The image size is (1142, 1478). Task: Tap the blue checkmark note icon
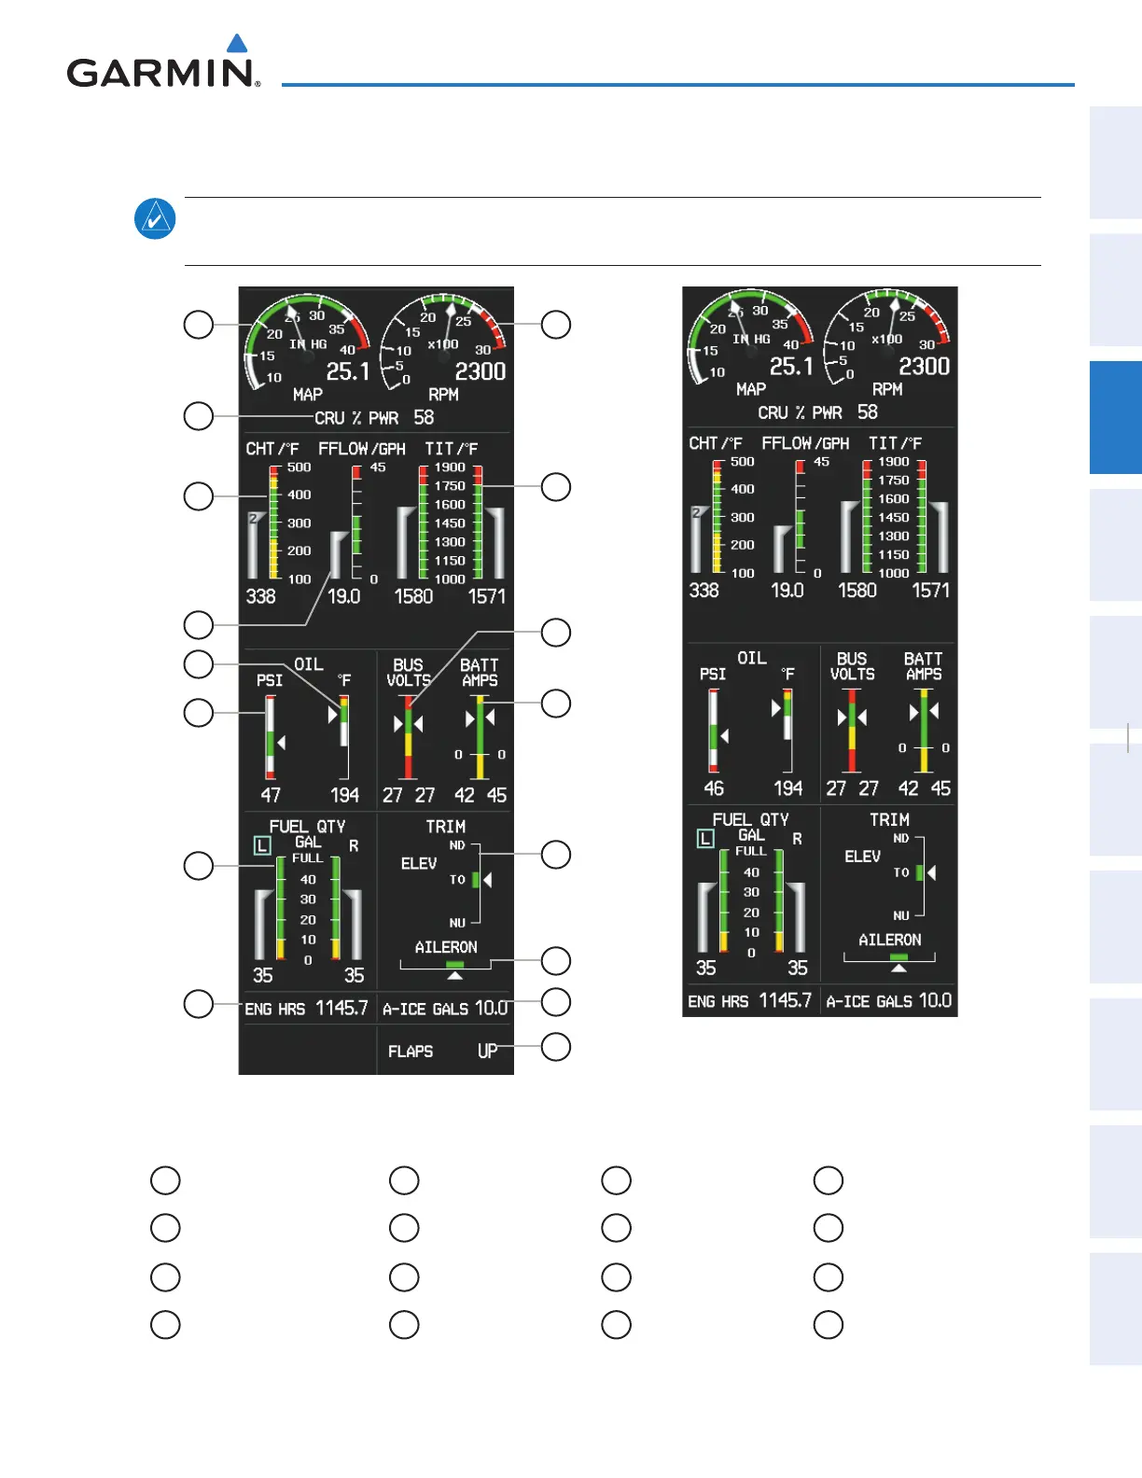point(155,219)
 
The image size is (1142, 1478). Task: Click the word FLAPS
point(411,1052)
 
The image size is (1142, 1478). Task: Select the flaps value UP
point(487,1052)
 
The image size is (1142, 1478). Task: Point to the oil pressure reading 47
point(271,795)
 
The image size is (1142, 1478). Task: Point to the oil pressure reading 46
point(714,788)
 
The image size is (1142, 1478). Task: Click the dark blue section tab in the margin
point(1115,417)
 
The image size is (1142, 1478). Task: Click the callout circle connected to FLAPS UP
point(556,1047)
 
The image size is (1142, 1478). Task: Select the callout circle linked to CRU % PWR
point(199,416)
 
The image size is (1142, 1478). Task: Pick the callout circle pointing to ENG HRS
point(199,1004)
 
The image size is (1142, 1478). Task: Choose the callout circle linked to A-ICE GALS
point(556,1001)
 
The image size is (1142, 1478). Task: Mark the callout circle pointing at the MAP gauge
point(199,325)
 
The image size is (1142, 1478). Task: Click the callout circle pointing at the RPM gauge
point(556,325)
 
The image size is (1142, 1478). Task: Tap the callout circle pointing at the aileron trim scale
point(556,960)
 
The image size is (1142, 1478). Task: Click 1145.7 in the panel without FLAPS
point(785,1000)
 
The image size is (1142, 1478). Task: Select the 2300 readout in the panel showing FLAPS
point(480,371)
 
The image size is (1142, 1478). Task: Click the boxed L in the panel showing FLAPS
point(262,846)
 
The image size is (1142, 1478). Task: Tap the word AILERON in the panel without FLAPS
point(889,940)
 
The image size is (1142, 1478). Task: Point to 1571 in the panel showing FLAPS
point(486,596)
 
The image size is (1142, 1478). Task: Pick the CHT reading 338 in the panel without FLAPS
point(703,591)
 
